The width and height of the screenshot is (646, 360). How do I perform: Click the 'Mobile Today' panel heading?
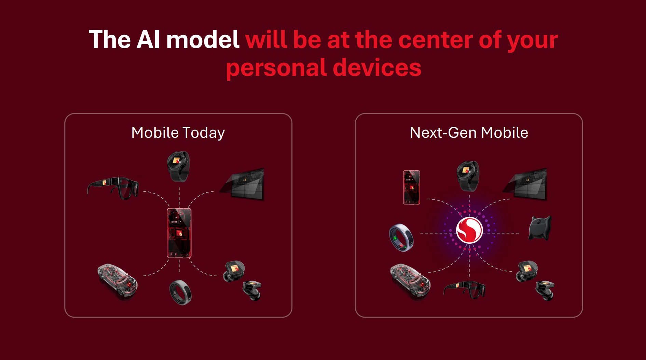(x=178, y=133)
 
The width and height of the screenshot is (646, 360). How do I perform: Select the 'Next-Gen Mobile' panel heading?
(x=469, y=133)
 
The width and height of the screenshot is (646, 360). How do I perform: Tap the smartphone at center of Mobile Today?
(x=179, y=233)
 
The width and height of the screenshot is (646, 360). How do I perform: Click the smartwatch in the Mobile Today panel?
(x=178, y=166)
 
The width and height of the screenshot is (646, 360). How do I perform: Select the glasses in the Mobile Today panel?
(x=113, y=188)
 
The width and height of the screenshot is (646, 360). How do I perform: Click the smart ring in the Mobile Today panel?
(x=180, y=292)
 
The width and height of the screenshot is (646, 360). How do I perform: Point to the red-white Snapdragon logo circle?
(x=469, y=230)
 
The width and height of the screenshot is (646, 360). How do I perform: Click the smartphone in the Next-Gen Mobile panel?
(x=412, y=187)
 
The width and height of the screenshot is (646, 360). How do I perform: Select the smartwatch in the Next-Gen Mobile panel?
(x=468, y=176)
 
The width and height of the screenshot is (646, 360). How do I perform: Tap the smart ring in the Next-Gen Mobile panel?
(x=401, y=238)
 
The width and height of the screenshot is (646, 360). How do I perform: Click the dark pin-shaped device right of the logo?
(x=540, y=228)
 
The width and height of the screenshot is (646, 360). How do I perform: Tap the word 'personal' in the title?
(x=276, y=68)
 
